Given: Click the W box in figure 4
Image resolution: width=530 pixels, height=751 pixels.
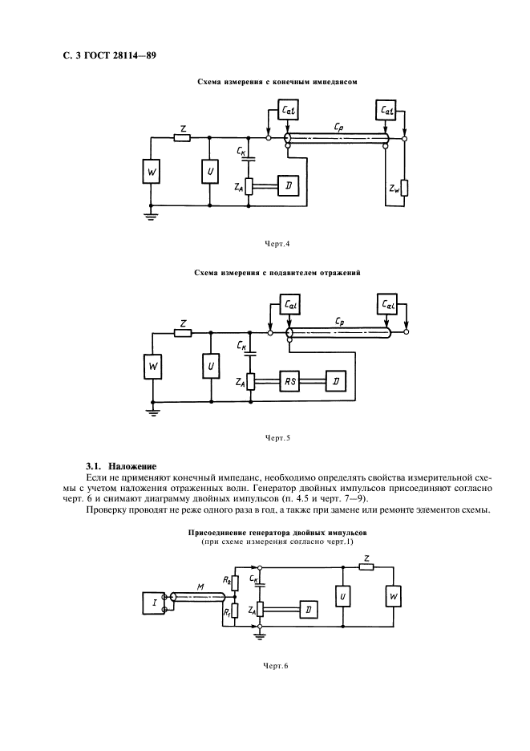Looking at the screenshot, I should (x=153, y=172).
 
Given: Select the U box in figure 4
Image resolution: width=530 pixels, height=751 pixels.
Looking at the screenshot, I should (x=209, y=172).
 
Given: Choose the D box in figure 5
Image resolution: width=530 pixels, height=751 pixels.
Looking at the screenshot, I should (x=334, y=381).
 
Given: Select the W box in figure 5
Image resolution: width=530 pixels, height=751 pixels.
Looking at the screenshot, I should (x=153, y=367).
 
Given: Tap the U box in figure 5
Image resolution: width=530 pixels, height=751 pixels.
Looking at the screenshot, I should (x=209, y=367).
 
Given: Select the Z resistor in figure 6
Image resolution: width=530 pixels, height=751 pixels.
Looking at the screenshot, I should (x=366, y=567).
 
